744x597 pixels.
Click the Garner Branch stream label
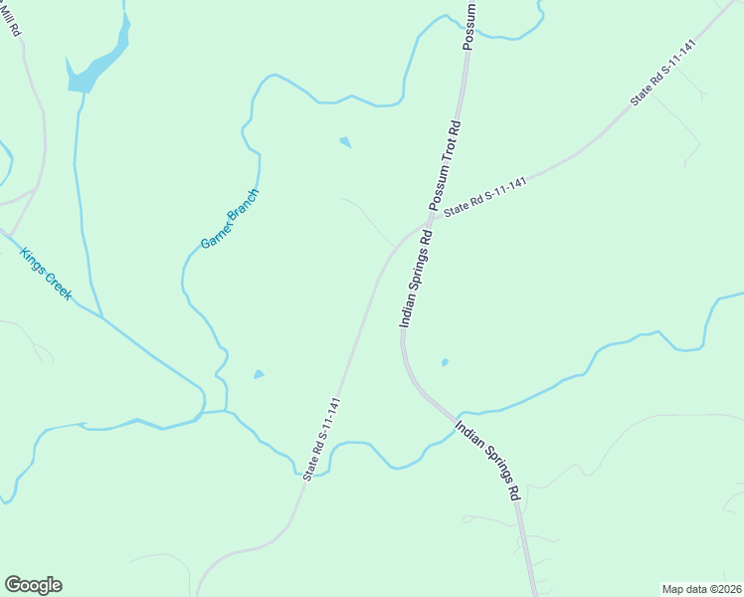[230, 218]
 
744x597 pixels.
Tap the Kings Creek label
[47, 275]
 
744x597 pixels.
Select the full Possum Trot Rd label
[444, 164]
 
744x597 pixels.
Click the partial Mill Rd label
[12, 19]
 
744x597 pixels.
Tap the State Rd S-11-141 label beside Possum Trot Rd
[484, 197]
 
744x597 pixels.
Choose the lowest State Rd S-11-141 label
[323, 439]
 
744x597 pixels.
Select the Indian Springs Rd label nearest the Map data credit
[488, 459]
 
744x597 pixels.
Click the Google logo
[33, 585]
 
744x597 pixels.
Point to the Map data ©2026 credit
[701, 588]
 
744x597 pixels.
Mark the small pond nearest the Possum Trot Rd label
[345, 142]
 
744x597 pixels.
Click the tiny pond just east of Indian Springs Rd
[444, 362]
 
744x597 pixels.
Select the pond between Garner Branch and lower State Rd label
[259, 374]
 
